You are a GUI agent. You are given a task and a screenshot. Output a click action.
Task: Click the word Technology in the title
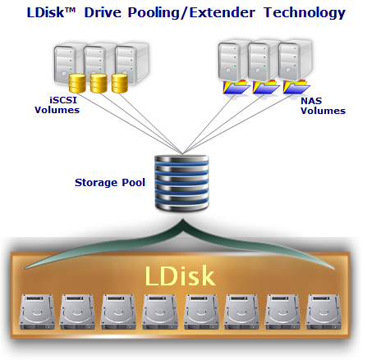tap(305, 13)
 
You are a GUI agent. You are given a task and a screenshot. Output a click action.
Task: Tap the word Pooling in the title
tap(154, 13)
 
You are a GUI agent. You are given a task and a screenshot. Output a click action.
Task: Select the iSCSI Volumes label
tap(57, 105)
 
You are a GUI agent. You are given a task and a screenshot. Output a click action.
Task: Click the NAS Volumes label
tap(323, 106)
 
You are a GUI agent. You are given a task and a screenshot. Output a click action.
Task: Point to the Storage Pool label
tap(110, 182)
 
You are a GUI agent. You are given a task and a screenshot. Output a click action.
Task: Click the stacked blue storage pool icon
tap(181, 183)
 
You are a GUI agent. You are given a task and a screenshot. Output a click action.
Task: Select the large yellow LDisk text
tap(180, 276)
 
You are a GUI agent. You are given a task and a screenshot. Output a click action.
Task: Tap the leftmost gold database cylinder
tap(77, 83)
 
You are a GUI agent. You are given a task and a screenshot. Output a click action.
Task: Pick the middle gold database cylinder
tap(99, 83)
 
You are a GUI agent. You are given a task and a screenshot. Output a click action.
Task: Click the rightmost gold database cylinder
tap(120, 83)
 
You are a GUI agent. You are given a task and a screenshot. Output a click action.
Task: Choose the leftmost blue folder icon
tap(236, 88)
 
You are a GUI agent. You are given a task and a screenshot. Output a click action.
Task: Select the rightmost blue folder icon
tap(296, 87)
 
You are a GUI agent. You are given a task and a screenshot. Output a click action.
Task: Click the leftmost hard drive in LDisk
tap(37, 312)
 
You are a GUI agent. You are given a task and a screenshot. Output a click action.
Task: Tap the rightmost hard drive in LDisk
tap(323, 312)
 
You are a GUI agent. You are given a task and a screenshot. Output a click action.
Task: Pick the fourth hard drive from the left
tap(160, 312)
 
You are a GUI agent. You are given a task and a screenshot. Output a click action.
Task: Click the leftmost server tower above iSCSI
tap(68, 63)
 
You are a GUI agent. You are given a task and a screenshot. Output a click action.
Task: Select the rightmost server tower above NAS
tap(295, 61)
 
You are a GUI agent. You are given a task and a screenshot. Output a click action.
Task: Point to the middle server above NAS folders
tap(264, 61)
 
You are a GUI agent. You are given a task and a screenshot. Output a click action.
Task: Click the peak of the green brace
tap(182, 220)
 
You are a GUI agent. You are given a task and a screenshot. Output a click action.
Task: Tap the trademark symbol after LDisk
tap(70, 10)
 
